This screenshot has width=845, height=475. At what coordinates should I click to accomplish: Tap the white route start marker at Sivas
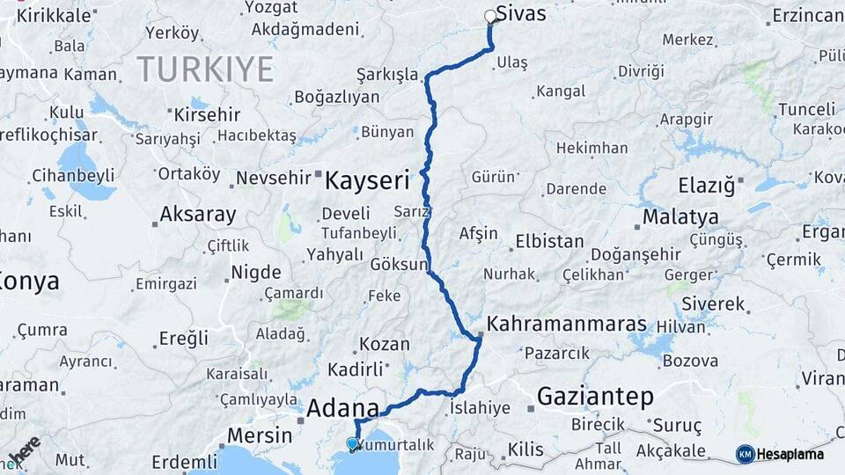(490, 16)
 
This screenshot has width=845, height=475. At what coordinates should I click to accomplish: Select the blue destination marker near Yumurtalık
(353, 444)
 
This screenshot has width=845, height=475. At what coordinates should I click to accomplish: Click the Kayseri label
(367, 182)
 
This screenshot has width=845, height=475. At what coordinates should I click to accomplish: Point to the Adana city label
(342, 409)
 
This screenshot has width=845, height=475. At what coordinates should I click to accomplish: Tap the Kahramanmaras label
(566, 324)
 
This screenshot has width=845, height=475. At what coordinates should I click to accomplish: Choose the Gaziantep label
(595, 397)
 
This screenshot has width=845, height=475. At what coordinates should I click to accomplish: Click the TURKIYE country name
(205, 67)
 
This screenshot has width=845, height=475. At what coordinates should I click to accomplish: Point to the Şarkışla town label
(387, 74)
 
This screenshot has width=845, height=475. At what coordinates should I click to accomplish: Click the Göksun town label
(400, 264)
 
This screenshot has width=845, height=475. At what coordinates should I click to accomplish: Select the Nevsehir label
(273, 178)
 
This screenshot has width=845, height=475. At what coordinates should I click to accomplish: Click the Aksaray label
(198, 214)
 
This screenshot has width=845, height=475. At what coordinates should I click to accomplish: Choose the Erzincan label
(807, 16)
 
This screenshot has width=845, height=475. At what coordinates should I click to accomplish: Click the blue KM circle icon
(745, 454)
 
